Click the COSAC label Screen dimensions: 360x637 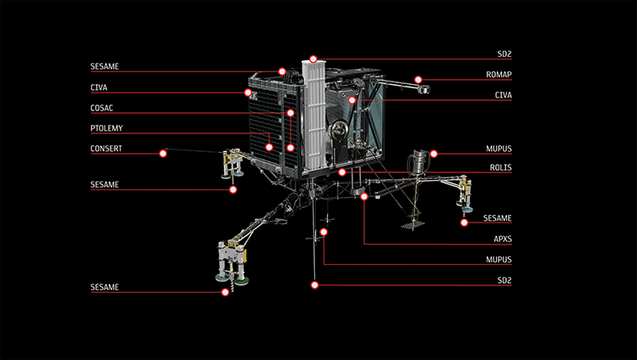click(102, 109)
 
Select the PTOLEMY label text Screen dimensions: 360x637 click(105, 129)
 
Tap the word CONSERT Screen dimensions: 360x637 click(105, 149)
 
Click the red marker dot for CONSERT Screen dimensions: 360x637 click(162, 154)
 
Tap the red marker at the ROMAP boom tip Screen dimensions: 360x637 click(419, 80)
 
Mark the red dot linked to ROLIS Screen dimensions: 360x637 click(341, 172)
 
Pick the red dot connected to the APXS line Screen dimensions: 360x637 click(364, 196)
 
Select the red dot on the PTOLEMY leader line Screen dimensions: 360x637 click(269, 147)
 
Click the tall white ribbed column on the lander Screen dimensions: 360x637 click(313, 115)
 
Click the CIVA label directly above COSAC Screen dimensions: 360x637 click(99, 87)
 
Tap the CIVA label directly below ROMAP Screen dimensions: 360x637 click(505, 96)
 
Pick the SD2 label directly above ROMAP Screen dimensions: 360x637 click(504, 54)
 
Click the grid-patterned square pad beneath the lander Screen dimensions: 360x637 click(413, 225)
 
